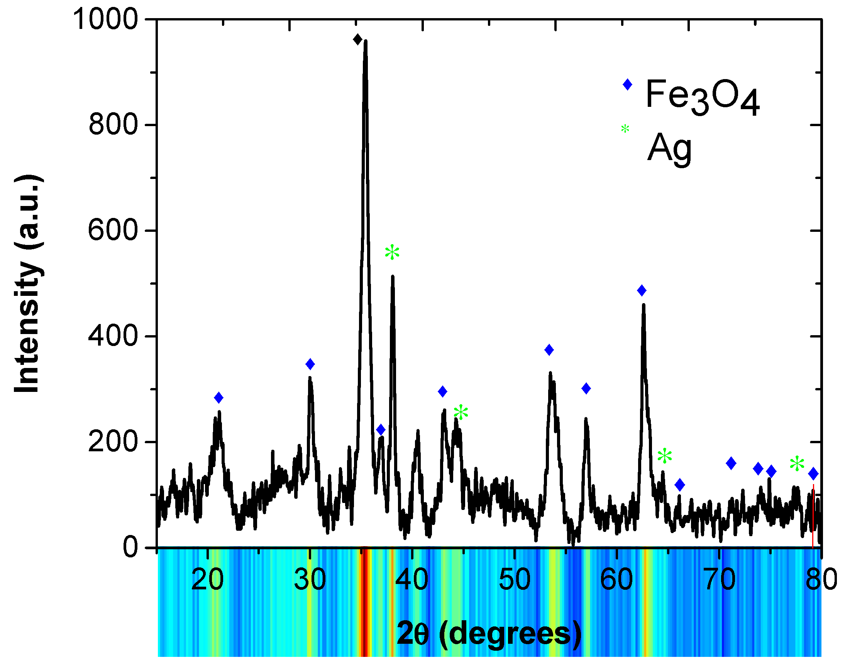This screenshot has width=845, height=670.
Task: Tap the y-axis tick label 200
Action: point(113,442)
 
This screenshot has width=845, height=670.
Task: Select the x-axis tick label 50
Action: point(514,579)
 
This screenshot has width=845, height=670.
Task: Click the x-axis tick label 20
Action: point(207,579)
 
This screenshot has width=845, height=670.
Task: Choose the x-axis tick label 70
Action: point(719,579)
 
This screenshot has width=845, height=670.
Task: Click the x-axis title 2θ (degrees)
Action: point(489,634)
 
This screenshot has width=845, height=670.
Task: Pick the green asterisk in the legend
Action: point(625,128)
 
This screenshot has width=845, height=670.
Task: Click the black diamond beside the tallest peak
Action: point(357,39)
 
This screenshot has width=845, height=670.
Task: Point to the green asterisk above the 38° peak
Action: point(392,252)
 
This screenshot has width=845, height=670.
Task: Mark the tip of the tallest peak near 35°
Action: point(365,41)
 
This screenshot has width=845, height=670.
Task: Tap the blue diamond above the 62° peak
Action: point(642,290)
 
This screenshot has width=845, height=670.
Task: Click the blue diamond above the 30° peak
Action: point(310,364)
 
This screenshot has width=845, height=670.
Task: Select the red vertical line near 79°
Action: point(813,517)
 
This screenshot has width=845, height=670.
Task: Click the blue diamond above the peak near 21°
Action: point(219,398)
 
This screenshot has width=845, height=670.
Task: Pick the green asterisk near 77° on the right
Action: point(797,464)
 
